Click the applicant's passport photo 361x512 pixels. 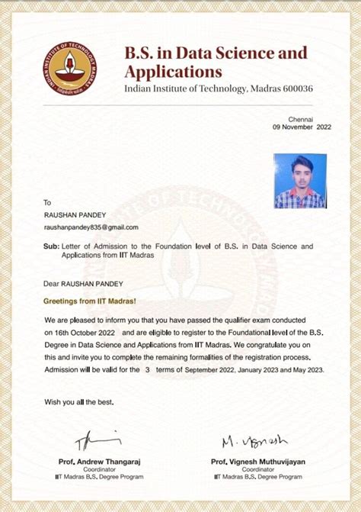(300, 181)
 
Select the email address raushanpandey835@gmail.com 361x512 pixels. (91, 227)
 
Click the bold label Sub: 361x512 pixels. (51, 247)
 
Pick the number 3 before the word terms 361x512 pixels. (147, 369)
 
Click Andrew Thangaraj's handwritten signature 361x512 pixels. (97, 441)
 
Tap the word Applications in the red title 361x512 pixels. (173, 72)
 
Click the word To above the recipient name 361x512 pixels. (47, 202)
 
